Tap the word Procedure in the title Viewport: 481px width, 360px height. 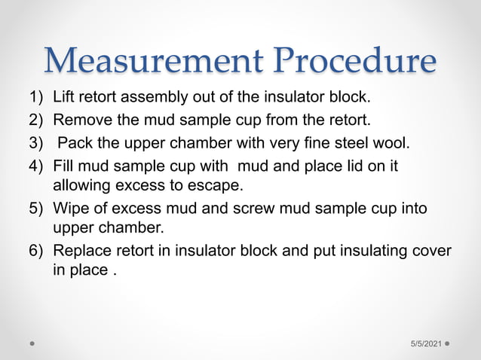coord(350,61)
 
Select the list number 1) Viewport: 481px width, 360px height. coord(36,97)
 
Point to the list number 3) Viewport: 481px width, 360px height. coord(36,142)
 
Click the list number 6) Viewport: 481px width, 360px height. coord(36,251)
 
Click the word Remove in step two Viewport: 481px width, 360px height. coord(80,120)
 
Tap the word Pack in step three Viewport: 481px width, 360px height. coord(73,142)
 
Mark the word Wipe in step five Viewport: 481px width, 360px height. coord(71,208)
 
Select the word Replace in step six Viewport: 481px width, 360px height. coord(83,251)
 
